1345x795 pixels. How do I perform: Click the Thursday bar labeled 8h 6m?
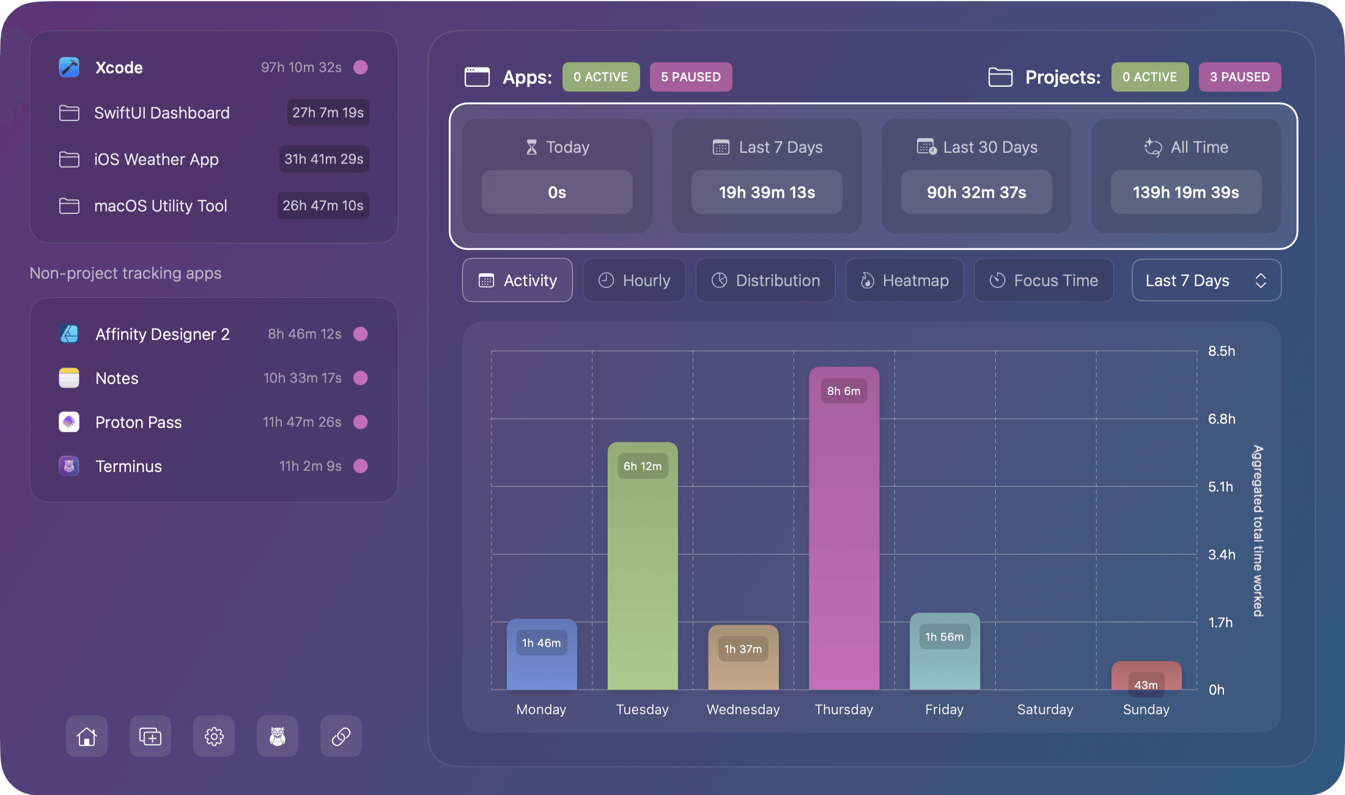click(844, 529)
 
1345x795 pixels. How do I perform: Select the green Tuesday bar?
click(643, 566)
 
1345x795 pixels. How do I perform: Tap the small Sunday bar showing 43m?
click(1146, 676)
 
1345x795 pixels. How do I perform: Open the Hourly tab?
click(634, 280)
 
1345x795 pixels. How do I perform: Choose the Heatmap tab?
click(904, 280)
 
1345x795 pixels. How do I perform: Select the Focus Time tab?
click(1044, 280)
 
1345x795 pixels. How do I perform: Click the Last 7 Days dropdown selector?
click(1206, 280)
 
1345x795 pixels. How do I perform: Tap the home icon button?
click(87, 736)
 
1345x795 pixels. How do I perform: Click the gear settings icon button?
click(214, 736)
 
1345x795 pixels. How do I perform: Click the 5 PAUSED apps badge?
click(691, 77)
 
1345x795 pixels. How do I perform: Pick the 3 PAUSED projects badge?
click(1240, 77)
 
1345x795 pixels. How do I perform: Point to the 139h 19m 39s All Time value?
click(1186, 193)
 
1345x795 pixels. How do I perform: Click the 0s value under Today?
click(557, 193)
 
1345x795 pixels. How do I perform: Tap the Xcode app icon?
click(69, 67)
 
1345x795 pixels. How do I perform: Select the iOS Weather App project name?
click(156, 160)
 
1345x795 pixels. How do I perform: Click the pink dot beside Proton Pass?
click(361, 422)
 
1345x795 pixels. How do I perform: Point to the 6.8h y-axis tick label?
click(1222, 419)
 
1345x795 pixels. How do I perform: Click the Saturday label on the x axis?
click(1045, 709)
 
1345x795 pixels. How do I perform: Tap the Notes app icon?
click(69, 378)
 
